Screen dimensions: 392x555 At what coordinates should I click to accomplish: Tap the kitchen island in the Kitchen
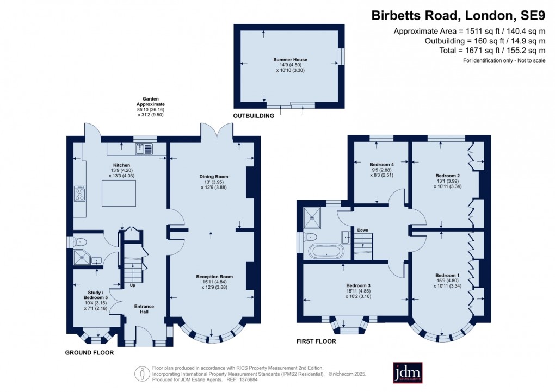(119, 194)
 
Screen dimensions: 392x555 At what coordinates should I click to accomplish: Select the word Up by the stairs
(132, 285)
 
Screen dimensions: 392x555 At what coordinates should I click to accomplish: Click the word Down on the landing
(362, 230)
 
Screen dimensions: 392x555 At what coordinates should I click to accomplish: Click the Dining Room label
(214, 177)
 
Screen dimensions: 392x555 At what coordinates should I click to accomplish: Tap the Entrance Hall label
(144, 309)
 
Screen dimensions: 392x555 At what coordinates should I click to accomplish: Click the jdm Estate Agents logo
(408, 372)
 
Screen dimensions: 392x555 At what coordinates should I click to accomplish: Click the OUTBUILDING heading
(254, 116)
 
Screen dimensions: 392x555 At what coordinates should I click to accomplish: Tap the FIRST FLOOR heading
(316, 341)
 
